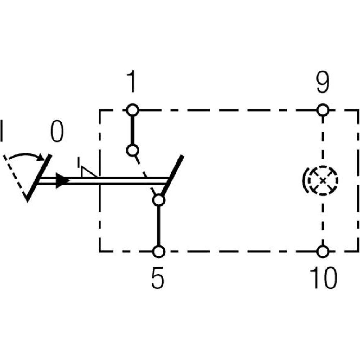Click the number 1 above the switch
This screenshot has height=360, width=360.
pos(132,82)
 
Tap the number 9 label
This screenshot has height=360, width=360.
pos(322,82)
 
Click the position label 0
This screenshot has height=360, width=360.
pos(57,132)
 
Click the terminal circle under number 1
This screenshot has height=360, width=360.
pos(132,109)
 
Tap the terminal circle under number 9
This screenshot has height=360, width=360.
pos(323,109)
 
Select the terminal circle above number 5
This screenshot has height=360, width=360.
pos(158,251)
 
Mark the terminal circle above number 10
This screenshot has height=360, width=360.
pos(323,251)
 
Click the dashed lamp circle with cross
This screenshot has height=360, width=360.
pos(323,180)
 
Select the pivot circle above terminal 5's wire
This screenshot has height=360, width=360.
pos(158,200)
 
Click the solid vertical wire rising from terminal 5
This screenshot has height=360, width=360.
pos(158,225)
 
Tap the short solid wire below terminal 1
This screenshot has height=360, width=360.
pos(132,129)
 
